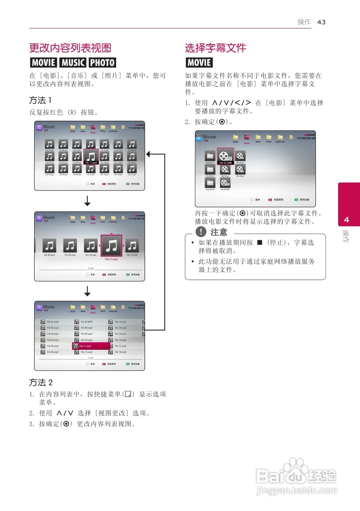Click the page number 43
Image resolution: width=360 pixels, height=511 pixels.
click(321, 22)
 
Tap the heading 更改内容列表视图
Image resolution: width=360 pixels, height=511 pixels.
click(70, 48)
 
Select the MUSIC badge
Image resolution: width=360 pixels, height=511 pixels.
click(73, 63)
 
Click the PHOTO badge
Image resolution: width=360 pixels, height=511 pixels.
click(102, 63)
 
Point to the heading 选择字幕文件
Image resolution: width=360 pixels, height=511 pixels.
click(215, 48)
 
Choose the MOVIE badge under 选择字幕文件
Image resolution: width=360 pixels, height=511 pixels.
click(199, 63)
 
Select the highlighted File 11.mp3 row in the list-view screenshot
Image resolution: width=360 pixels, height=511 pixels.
click(91, 346)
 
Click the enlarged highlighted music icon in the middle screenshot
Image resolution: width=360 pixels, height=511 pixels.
click(111, 247)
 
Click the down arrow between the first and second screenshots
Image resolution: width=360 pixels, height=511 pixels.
click(87, 201)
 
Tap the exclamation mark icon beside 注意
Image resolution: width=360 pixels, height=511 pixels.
click(201, 232)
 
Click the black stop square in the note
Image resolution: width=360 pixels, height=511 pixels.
click(259, 242)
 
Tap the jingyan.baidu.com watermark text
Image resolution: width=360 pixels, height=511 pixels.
click(296, 491)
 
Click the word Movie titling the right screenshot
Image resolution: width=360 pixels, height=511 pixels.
click(209, 137)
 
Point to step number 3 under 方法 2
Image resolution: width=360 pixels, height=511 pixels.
click(31, 424)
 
